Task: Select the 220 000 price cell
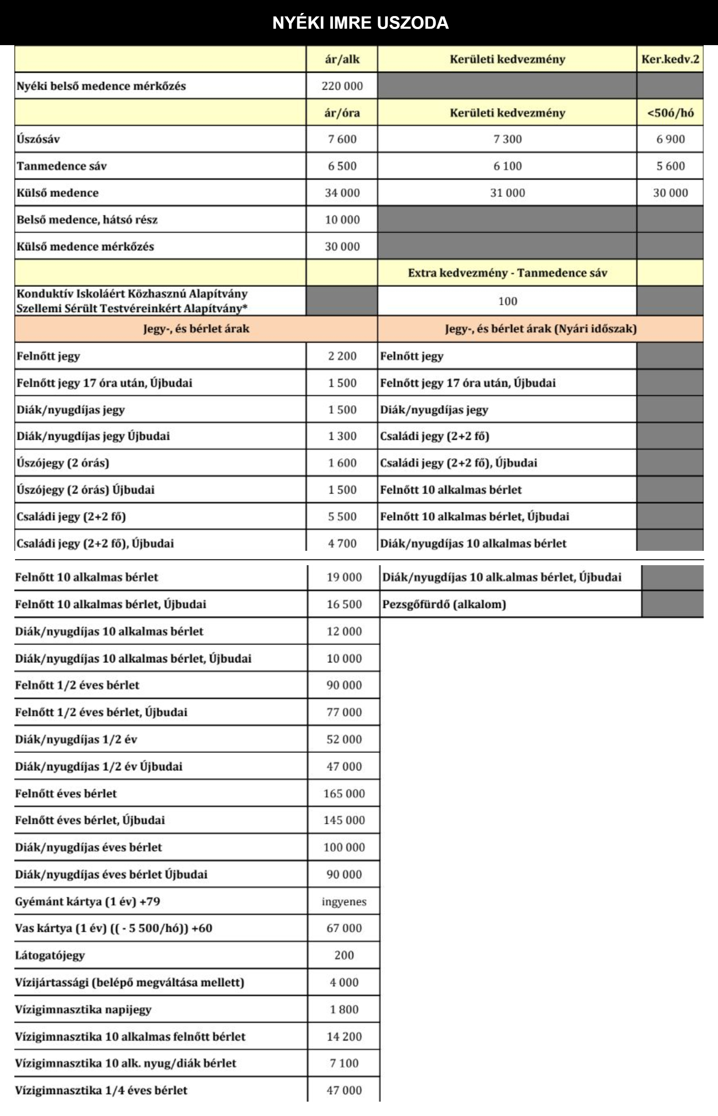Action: point(342,86)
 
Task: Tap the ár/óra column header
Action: point(342,113)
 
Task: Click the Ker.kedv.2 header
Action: point(670,59)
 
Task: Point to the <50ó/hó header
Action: point(670,113)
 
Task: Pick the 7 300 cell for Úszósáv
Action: point(507,139)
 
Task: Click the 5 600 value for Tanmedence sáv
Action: point(670,166)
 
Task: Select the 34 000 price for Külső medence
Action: point(342,193)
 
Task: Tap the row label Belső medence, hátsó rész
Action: point(87,220)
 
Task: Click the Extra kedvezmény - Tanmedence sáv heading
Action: point(507,273)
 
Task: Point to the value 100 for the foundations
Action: point(507,301)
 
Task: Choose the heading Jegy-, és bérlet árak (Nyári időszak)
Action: point(540,329)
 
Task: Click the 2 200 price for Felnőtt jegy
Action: point(342,356)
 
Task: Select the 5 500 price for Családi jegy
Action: point(342,517)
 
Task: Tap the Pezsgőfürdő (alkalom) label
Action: point(444,604)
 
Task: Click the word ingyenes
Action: point(344,902)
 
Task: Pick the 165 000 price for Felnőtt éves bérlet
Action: point(344,794)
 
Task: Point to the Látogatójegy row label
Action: point(50,955)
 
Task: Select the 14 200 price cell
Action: point(344,1036)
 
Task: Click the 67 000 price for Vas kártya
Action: point(344,928)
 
